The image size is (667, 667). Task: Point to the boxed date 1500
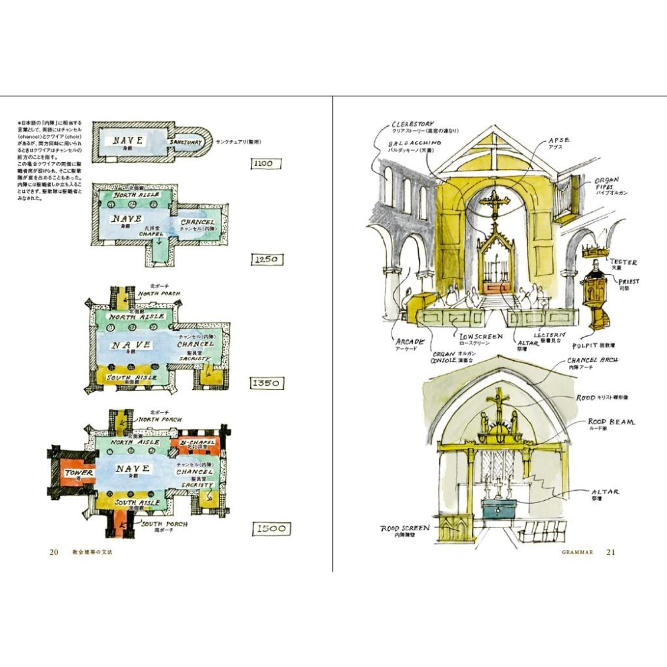271,529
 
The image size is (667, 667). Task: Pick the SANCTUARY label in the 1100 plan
186,143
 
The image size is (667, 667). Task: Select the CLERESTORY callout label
413,124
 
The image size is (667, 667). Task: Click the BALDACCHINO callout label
416,143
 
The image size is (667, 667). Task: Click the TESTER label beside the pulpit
623,262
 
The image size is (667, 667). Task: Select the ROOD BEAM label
611,422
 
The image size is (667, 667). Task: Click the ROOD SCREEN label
405,528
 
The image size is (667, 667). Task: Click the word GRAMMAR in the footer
578,552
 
